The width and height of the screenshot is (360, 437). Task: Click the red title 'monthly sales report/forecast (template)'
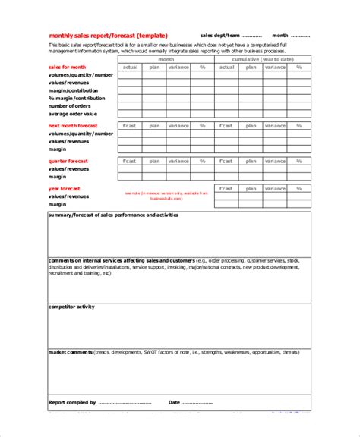[x=109, y=35]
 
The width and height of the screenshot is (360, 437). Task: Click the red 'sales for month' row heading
[x=68, y=68]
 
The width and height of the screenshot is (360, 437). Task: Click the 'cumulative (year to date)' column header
[x=263, y=59]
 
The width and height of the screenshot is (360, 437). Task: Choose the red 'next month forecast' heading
[x=74, y=125]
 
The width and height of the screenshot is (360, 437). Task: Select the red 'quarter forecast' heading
[x=68, y=161]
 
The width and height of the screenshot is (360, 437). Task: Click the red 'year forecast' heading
[x=65, y=188]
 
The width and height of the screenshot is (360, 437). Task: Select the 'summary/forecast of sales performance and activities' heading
[x=113, y=215]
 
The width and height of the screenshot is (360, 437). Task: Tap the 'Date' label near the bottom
[x=175, y=403]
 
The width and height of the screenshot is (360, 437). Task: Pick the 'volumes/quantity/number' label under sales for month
[x=81, y=75]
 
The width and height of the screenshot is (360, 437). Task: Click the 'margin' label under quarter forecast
[x=58, y=177]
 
